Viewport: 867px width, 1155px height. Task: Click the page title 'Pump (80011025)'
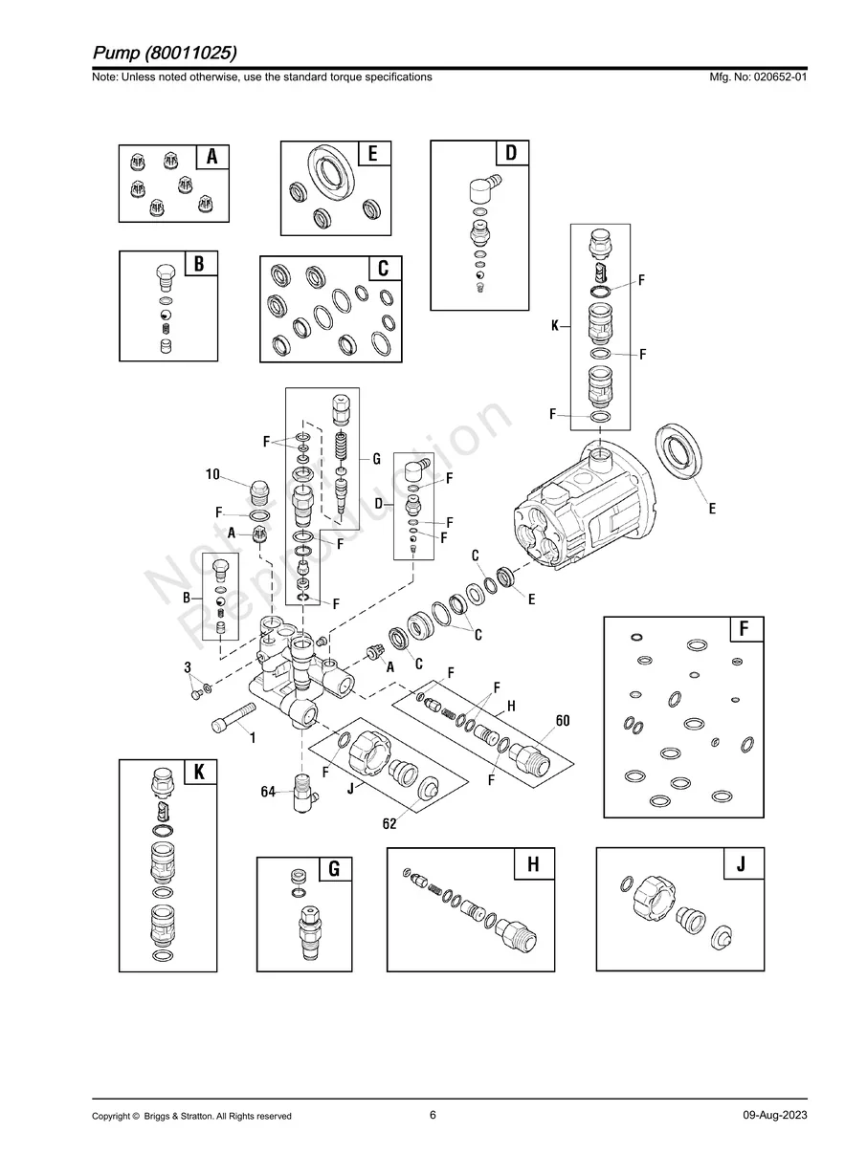pyautogui.click(x=165, y=51)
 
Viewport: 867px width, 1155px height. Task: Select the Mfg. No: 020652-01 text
pyautogui.click(x=755, y=76)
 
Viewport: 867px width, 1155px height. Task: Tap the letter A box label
pyautogui.click(x=212, y=157)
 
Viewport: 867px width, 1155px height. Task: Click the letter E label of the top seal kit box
pyautogui.click(x=373, y=154)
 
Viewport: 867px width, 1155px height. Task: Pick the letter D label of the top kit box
pyautogui.click(x=511, y=153)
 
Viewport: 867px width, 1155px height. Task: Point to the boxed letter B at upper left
pyautogui.click(x=199, y=264)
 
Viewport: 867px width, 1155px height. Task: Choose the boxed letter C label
pyautogui.click(x=384, y=269)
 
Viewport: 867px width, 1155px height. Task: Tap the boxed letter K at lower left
pyautogui.click(x=199, y=773)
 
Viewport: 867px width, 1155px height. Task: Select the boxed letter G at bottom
pyautogui.click(x=334, y=869)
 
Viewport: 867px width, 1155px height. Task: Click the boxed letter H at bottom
pyautogui.click(x=534, y=864)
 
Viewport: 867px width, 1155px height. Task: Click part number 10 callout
pyautogui.click(x=212, y=474)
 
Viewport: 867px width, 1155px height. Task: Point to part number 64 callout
pyautogui.click(x=270, y=792)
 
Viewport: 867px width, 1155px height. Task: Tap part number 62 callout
pyautogui.click(x=389, y=825)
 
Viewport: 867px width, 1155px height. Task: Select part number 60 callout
pyautogui.click(x=563, y=721)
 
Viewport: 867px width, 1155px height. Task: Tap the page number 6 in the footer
pyautogui.click(x=433, y=1115)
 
